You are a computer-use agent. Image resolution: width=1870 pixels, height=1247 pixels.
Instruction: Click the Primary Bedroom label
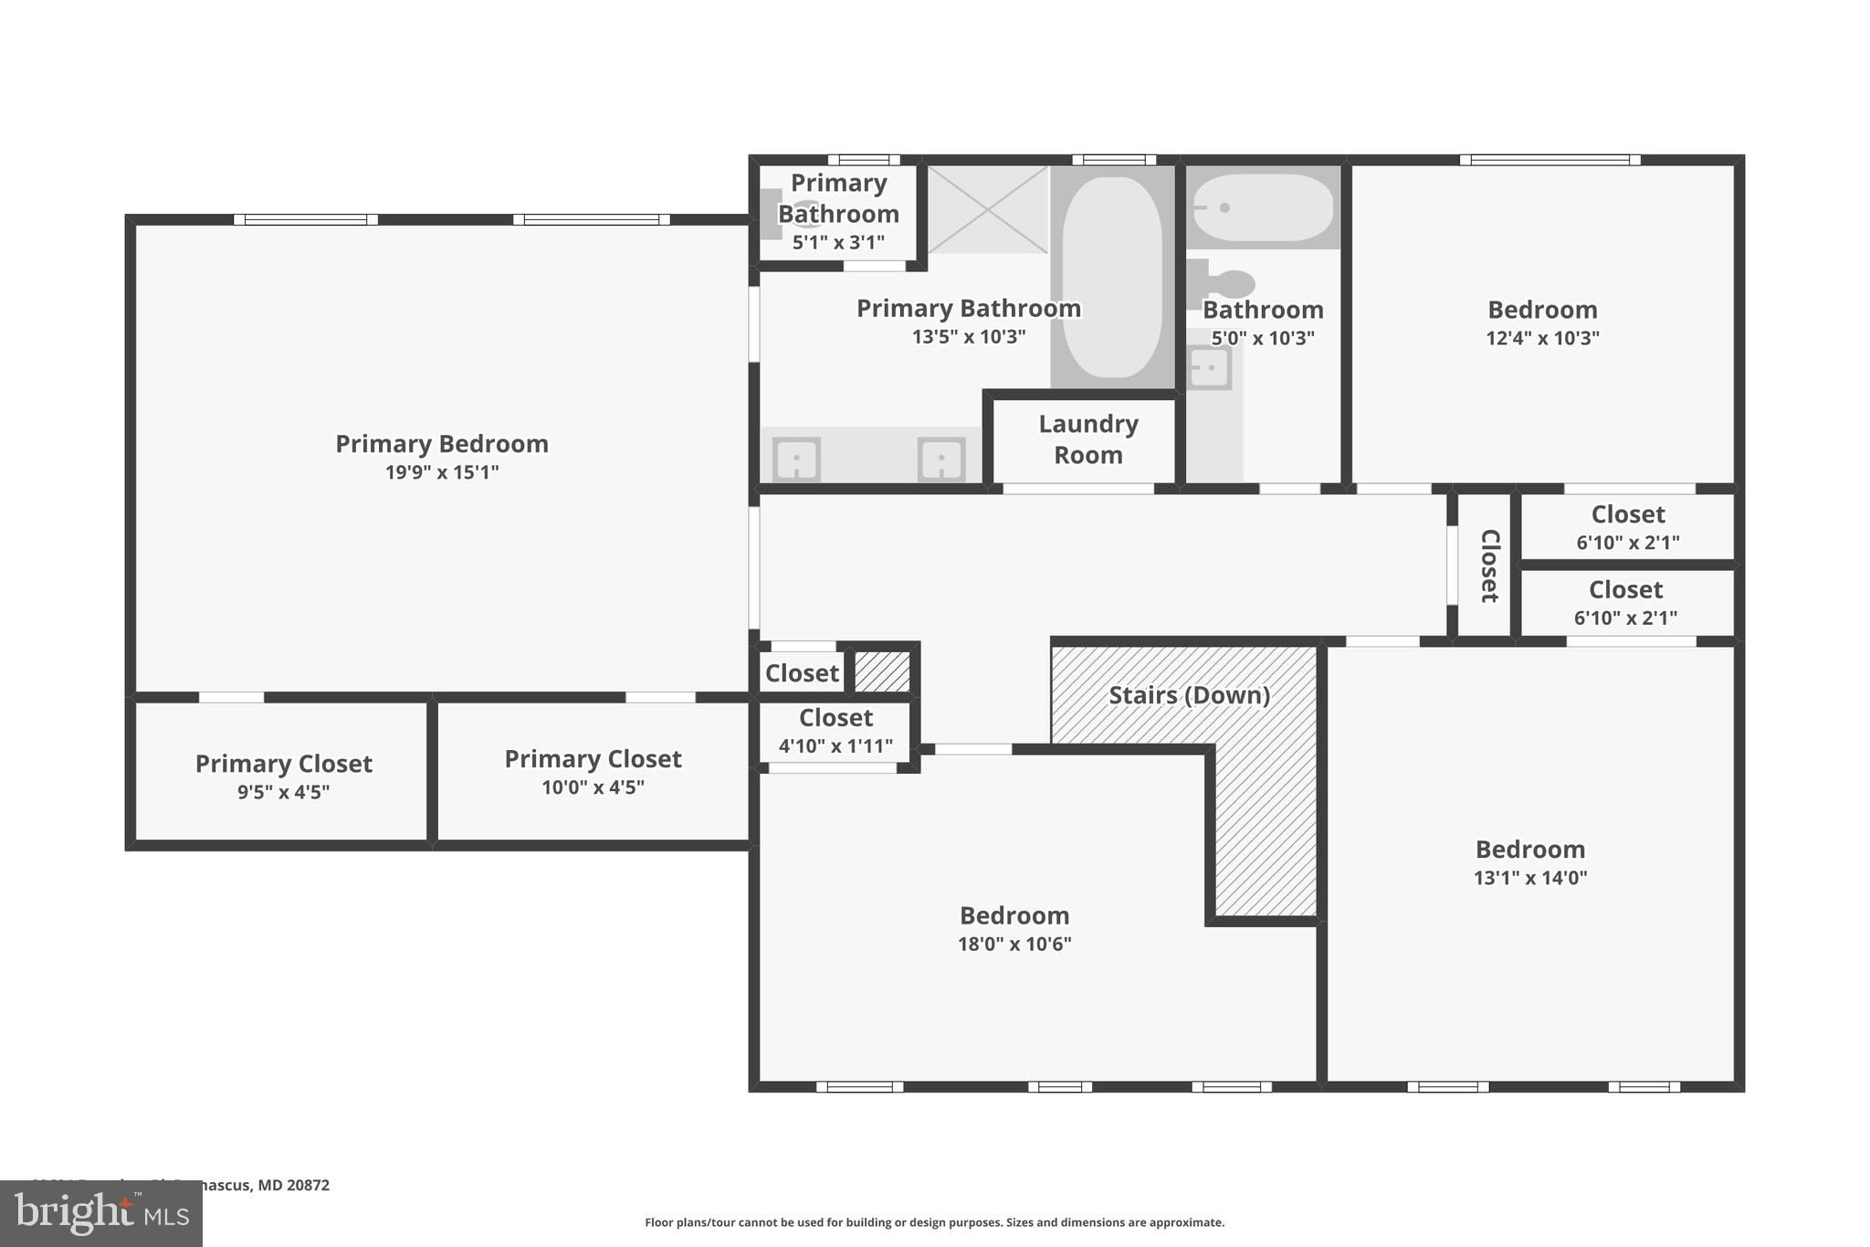(442, 444)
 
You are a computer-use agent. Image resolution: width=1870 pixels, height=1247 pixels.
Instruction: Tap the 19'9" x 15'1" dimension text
(442, 472)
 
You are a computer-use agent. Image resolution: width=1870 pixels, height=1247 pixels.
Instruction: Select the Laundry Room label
(1087, 439)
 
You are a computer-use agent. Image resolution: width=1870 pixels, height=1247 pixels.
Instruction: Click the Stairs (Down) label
(1189, 695)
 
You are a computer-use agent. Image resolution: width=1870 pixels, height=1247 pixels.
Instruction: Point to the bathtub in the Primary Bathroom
(1112, 277)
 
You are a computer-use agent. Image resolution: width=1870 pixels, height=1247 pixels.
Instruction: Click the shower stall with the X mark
(988, 209)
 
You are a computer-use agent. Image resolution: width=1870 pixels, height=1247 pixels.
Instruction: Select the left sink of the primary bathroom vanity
(796, 459)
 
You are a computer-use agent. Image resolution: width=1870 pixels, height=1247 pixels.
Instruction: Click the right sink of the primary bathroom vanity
(941, 459)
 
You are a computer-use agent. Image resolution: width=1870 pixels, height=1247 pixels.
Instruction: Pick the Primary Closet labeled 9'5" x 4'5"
(284, 776)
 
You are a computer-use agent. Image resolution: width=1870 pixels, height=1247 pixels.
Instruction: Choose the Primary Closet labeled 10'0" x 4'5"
(593, 771)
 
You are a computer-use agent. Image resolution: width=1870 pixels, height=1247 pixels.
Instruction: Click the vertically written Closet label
(1488, 565)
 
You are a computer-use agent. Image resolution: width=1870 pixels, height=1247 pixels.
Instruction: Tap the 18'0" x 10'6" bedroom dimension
(1014, 944)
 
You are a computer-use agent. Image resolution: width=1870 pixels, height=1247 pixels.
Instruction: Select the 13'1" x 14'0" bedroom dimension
(1530, 878)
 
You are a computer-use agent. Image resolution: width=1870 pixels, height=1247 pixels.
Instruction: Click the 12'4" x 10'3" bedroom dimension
(1542, 338)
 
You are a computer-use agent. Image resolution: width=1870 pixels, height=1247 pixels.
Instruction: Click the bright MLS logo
(101, 1214)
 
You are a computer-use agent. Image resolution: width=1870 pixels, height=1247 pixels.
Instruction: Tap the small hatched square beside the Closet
(882, 671)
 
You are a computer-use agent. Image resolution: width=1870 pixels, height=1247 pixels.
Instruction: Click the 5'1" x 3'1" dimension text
(838, 242)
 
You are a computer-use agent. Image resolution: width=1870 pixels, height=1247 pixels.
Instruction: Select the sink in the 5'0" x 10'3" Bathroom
(1209, 369)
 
